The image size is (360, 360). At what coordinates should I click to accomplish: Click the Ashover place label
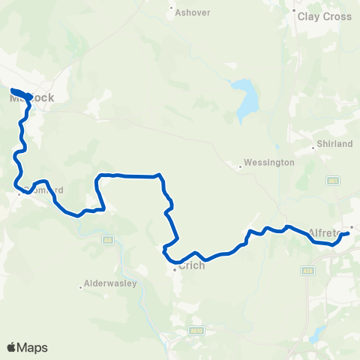click(x=192, y=13)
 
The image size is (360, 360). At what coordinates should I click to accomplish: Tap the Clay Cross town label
click(x=324, y=16)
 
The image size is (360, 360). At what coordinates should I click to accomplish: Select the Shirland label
click(x=335, y=144)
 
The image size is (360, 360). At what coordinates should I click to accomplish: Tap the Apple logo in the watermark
click(x=11, y=347)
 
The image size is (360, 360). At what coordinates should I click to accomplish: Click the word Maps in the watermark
click(x=33, y=347)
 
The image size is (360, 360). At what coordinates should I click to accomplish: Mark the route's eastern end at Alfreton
click(x=348, y=235)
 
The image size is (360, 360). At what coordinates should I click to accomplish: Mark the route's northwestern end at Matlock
click(x=13, y=91)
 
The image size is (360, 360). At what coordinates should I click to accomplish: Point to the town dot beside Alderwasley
click(x=81, y=286)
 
